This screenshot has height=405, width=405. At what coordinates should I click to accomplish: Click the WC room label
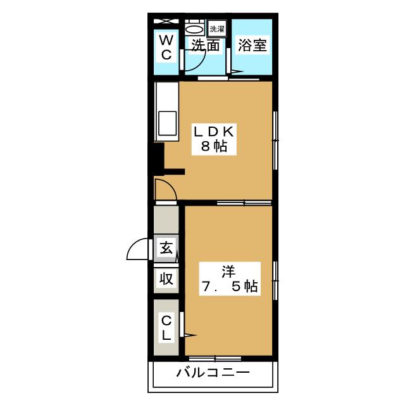[x=166, y=47]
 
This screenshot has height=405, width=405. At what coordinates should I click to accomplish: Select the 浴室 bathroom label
[x=252, y=46]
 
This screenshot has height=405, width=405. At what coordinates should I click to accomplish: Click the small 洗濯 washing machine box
[x=217, y=28]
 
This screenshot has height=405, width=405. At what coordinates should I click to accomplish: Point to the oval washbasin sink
[x=195, y=30]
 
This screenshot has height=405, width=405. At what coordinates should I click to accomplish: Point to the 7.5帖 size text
[x=228, y=286]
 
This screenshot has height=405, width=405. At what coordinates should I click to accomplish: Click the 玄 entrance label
[x=166, y=248]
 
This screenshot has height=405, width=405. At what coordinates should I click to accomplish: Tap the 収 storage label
[x=166, y=278]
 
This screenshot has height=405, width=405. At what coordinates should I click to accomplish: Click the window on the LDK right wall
[x=275, y=140]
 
